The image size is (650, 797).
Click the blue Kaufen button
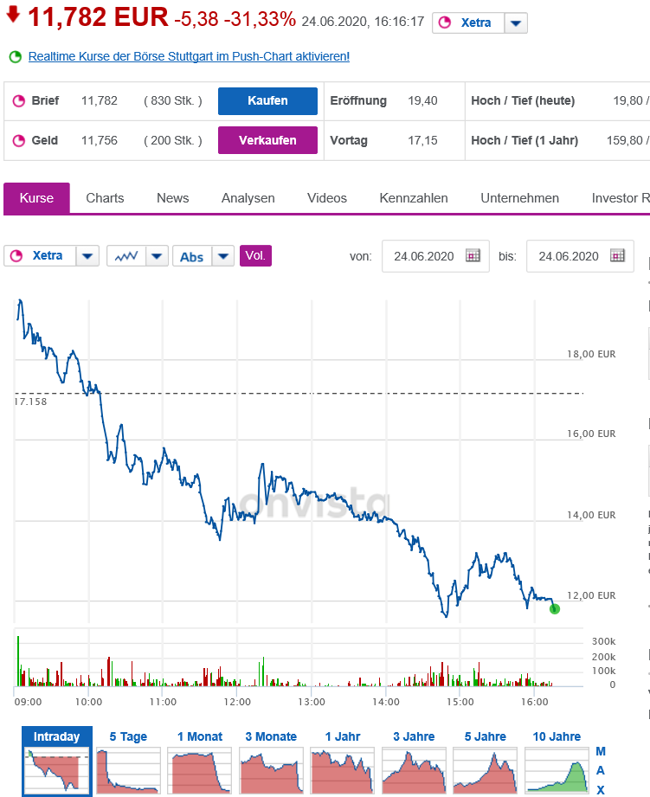(267, 100)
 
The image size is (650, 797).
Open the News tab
(172, 198)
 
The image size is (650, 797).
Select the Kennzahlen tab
(414, 198)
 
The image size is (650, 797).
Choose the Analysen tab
(248, 198)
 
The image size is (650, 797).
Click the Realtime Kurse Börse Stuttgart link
(189, 56)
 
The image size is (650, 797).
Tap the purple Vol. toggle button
(255, 256)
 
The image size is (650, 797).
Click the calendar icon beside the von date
(473, 256)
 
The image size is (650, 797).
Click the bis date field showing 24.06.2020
(569, 256)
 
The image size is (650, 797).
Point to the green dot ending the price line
(555, 609)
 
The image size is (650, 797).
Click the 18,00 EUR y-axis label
(591, 354)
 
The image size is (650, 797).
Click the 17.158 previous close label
(31, 402)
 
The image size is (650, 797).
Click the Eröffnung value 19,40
(422, 100)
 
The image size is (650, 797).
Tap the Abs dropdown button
(203, 256)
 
